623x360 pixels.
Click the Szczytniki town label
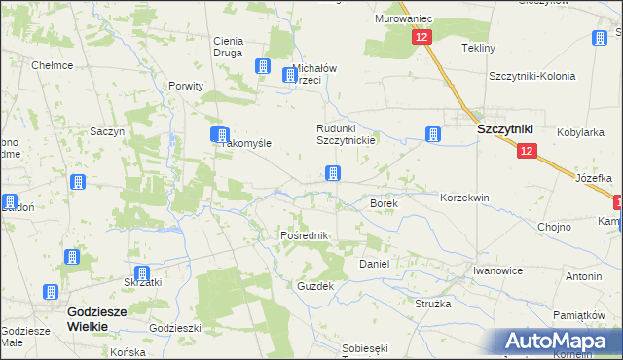502,128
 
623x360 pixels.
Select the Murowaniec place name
402,19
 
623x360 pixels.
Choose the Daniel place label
375,264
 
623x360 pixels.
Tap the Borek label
383,203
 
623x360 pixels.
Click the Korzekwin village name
464,197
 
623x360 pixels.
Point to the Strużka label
433,304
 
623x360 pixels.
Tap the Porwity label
185,86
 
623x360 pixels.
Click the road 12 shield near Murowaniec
421,37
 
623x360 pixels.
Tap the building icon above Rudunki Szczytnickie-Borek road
333,173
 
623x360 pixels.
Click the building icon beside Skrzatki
142,274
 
